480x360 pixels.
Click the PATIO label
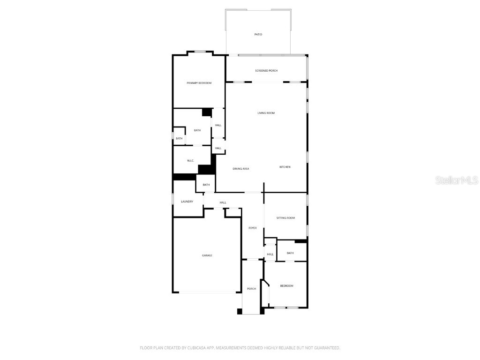pyautogui.click(x=258, y=34)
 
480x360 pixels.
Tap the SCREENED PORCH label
pyautogui.click(x=266, y=71)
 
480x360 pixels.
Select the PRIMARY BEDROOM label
pyautogui.click(x=199, y=83)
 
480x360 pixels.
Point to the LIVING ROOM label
pyautogui.click(x=266, y=113)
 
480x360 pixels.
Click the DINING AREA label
pyautogui.click(x=241, y=169)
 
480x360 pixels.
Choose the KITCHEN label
pyautogui.click(x=285, y=167)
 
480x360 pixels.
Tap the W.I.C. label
pyautogui.click(x=190, y=161)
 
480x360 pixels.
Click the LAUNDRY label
pyautogui.click(x=187, y=202)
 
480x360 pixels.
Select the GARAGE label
pyautogui.click(x=207, y=255)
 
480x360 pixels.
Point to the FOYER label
pyautogui.click(x=253, y=228)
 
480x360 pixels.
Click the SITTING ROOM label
pyautogui.click(x=285, y=218)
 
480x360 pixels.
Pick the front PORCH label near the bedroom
pyautogui.click(x=252, y=289)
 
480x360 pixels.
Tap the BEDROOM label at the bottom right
pyautogui.click(x=286, y=286)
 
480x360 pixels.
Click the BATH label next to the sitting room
pyautogui.click(x=290, y=253)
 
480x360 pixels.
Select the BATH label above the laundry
pyautogui.click(x=206, y=185)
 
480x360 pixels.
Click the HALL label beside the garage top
pyautogui.click(x=223, y=202)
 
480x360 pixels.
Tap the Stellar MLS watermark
pyautogui.click(x=457, y=180)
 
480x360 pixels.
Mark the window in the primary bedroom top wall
pyautogui.click(x=201, y=52)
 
